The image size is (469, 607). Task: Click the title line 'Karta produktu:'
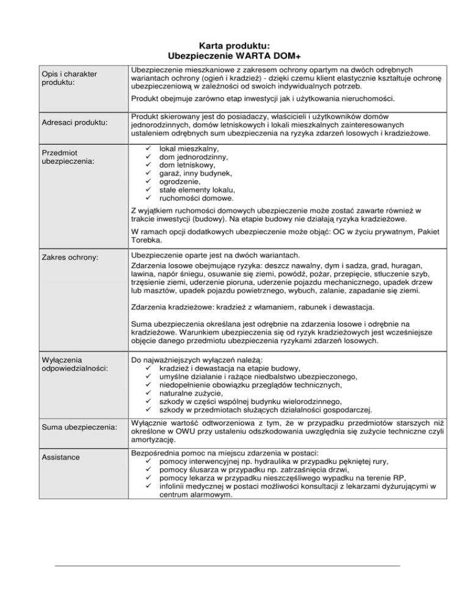[234, 45]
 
